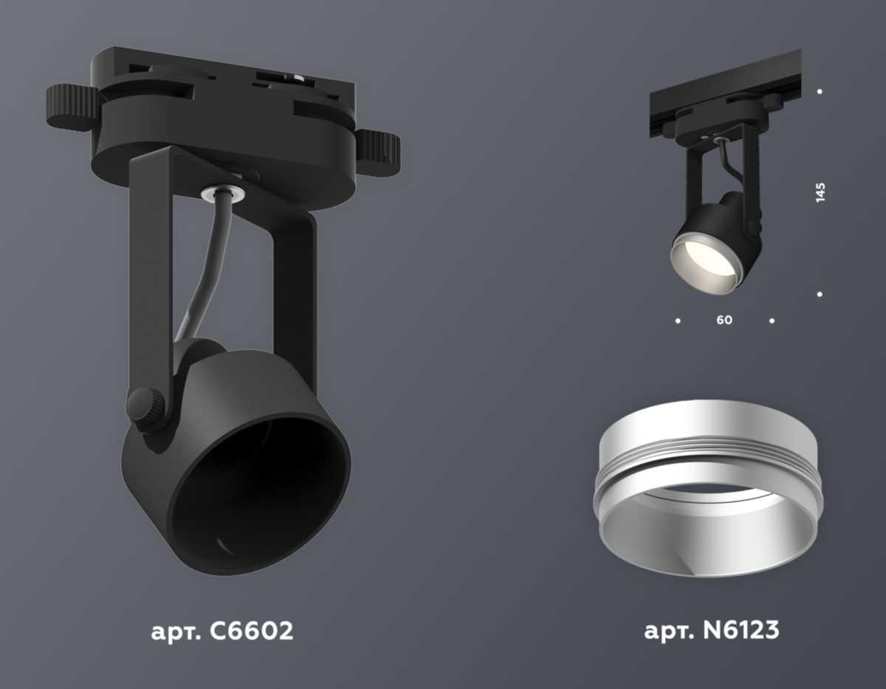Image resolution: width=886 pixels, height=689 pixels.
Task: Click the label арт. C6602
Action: [221, 631]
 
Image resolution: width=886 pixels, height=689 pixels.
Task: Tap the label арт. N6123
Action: [711, 631]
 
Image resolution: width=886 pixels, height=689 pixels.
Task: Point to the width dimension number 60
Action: [724, 320]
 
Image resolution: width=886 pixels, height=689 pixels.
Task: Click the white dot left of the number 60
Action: [678, 320]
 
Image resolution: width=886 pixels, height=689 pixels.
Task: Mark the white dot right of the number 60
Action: [772, 320]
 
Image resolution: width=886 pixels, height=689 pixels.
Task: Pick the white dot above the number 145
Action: [820, 92]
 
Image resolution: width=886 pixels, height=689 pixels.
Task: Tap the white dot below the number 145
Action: [820, 295]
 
